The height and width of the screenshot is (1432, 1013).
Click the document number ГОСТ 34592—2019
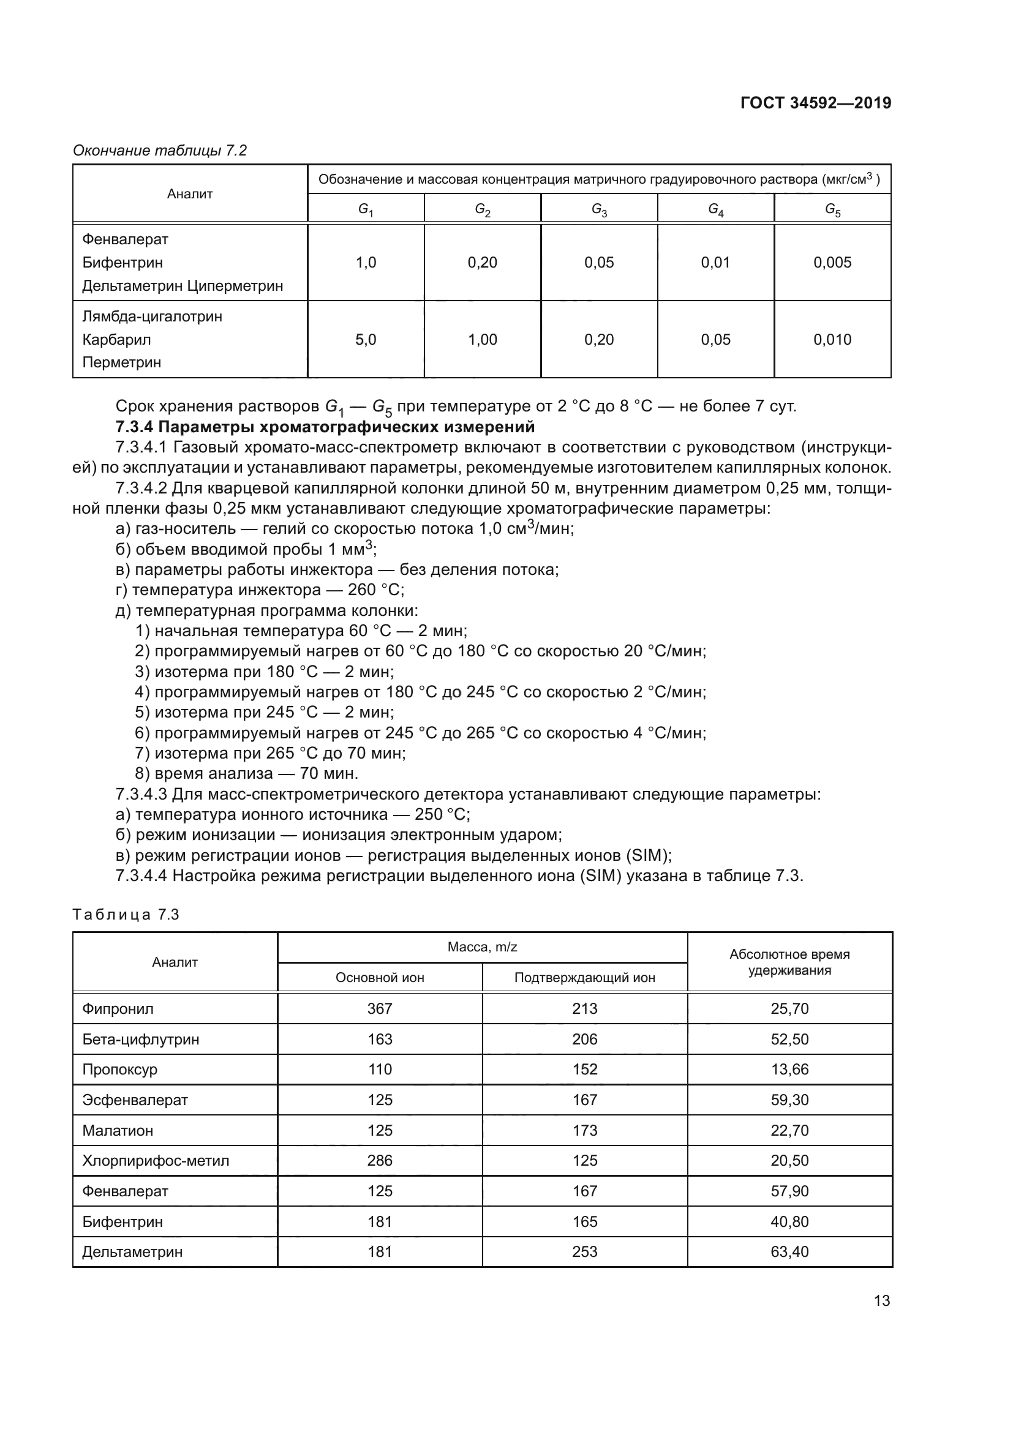click(815, 103)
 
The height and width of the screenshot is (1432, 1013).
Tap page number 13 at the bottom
click(881, 1300)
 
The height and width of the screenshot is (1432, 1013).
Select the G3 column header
click(599, 209)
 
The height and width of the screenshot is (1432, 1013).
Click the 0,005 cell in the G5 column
click(832, 263)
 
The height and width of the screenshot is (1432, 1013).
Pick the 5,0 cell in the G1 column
click(366, 340)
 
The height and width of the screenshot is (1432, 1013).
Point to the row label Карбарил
click(116, 340)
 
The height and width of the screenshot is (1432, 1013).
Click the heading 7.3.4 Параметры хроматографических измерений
click(325, 427)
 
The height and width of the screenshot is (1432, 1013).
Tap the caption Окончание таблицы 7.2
click(160, 151)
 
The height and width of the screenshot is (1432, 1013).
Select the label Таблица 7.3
click(126, 915)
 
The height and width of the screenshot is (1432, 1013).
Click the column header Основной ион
click(379, 977)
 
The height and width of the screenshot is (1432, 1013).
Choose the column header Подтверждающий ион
click(584, 977)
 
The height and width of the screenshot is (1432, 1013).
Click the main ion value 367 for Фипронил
click(379, 1008)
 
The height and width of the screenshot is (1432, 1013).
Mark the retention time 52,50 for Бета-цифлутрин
click(789, 1039)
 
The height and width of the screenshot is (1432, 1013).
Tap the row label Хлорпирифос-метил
click(156, 1161)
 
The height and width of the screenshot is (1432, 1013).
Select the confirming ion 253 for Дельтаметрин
click(584, 1252)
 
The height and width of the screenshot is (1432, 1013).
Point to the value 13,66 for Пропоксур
click(789, 1069)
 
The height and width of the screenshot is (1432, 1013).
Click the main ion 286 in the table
click(379, 1161)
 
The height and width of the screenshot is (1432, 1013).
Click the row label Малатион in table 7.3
click(117, 1130)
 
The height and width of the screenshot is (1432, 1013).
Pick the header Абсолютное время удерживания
click(789, 962)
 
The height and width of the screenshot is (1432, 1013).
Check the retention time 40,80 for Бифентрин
click(789, 1221)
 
